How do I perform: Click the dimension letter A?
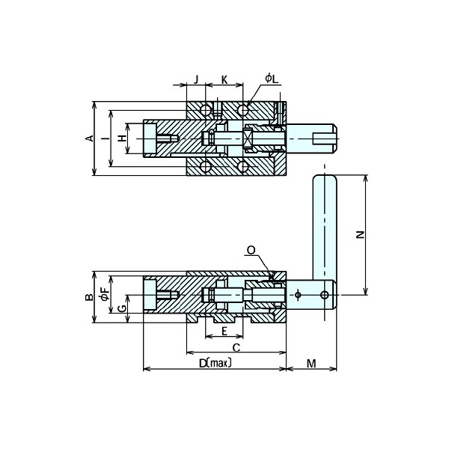point(88,138)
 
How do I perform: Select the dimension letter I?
point(105,138)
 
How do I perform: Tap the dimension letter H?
point(122,138)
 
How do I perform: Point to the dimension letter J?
point(196,79)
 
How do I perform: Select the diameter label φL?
point(271,78)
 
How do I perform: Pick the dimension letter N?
point(359,235)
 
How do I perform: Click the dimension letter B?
point(88,297)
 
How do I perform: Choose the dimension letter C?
point(236,348)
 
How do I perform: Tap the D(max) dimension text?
point(215,364)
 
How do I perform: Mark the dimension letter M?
point(311,364)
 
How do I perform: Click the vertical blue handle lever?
point(326,224)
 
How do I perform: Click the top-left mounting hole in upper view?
point(205,111)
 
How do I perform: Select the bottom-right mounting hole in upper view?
point(243,165)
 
